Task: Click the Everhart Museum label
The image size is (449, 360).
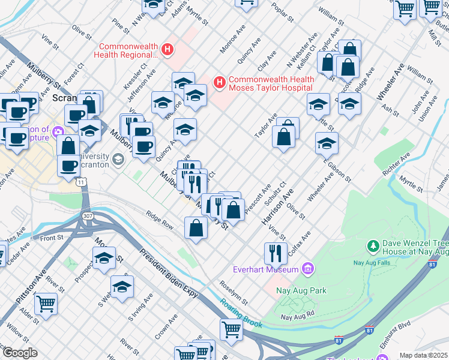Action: (x=266, y=269)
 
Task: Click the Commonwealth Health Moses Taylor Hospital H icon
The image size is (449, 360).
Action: (x=220, y=81)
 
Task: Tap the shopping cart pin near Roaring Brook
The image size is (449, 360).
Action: (x=231, y=329)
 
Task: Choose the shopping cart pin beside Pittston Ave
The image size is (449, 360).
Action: (x=46, y=304)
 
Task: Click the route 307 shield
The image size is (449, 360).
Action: (x=88, y=215)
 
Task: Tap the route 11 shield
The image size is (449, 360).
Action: (x=80, y=181)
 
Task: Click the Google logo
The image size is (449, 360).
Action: (x=19, y=353)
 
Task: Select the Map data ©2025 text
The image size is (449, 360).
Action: (x=423, y=355)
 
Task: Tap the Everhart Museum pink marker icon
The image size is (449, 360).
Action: (x=309, y=268)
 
